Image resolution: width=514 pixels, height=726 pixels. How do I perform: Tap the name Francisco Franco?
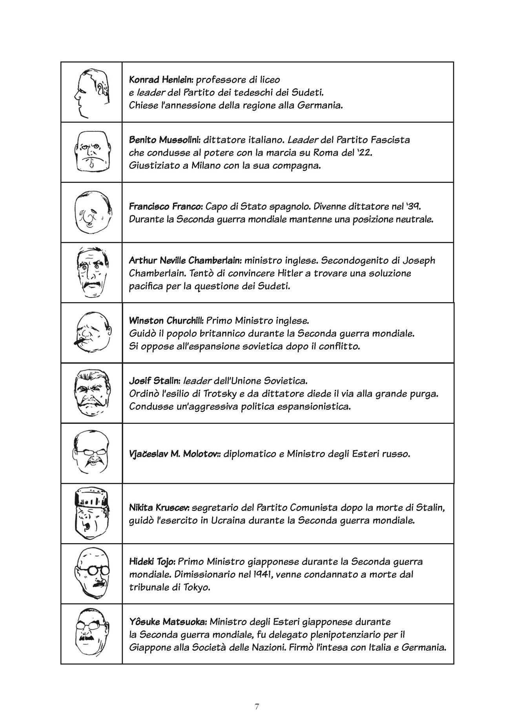[166, 206]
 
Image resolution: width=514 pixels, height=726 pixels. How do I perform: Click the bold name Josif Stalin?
[155, 381]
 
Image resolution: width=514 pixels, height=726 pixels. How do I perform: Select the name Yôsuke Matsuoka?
[168, 622]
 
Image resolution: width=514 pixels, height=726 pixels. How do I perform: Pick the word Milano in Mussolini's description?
[206, 166]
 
